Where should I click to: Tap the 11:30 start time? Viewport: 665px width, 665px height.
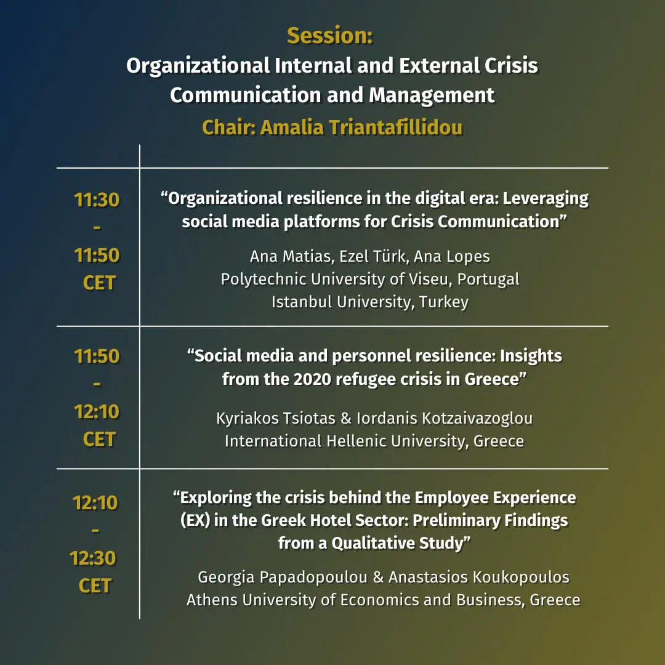(x=97, y=199)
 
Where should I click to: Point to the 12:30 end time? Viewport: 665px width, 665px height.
(x=92, y=558)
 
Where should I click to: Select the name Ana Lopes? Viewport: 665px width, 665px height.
(x=452, y=257)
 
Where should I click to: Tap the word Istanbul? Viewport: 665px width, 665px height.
(x=302, y=302)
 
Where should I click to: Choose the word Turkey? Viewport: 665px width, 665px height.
(x=444, y=302)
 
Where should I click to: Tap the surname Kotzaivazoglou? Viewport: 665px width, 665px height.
(x=477, y=419)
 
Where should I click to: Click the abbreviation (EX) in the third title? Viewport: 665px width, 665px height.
(x=195, y=520)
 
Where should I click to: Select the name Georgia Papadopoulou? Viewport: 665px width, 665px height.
(x=283, y=577)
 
